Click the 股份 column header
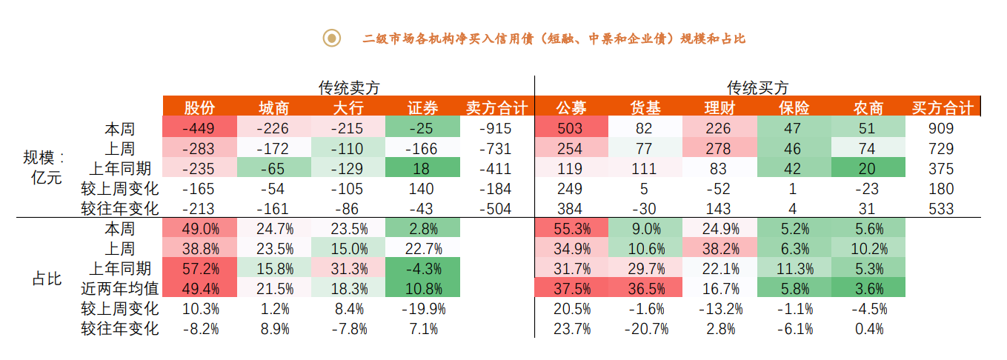click(x=199, y=108)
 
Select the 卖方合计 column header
click(x=496, y=108)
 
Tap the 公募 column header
click(x=571, y=108)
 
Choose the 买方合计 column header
click(x=941, y=108)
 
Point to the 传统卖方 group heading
click(x=349, y=87)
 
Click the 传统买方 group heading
click(x=757, y=87)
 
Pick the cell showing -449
click(x=199, y=129)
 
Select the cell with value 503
click(x=571, y=129)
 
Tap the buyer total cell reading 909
click(x=941, y=129)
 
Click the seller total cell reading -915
click(x=496, y=129)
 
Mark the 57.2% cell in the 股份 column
click(x=199, y=268)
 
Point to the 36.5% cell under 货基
click(x=645, y=289)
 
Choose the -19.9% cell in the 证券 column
click(x=422, y=309)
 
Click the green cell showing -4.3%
click(x=422, y=268)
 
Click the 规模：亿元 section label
click(x=44, y=168)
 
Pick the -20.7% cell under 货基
click(x=645, y=329)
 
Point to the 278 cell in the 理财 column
click(x=719, y=149)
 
